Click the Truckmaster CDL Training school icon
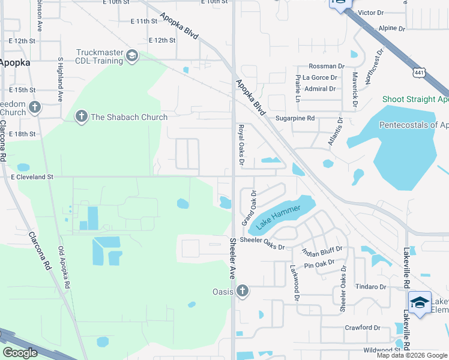(x=131, y=56)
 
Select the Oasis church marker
(x=242, y=292)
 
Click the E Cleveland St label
(x=32, y=178)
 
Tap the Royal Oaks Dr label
(x=241, y=145)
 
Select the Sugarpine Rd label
(x=295, y=119)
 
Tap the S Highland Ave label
(x=60, y=79)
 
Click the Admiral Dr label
(x=320, y=89)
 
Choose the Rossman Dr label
(x=326, y=66)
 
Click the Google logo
(x=20, y=353)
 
